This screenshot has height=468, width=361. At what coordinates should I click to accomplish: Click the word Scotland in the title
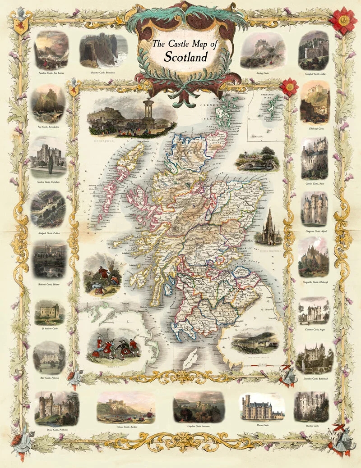pyautogui.click(x=185, y=57)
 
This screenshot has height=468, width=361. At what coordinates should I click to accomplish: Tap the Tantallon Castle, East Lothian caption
pyautogui.click(x=51, y=72)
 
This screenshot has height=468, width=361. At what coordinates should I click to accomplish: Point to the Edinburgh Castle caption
pyautogui.click(x=315, y=128)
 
